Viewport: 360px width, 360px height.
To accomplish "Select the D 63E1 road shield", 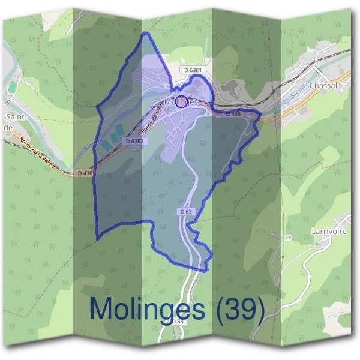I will click(x=194, y=70).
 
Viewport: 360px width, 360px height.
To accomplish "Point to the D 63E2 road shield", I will click(x=136, y=141).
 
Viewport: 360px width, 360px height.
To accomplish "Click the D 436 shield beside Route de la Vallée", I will click(x=85, y=173).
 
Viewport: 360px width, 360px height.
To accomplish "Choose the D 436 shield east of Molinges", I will click(x=232, y=113).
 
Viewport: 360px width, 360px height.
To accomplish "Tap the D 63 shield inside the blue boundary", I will click(x=186, y=212).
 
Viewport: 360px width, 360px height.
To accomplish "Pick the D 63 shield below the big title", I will click(x=176, y=322).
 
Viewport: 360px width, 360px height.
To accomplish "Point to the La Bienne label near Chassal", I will click(x=299, y=94).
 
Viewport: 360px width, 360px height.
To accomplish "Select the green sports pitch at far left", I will click(x=12, y=88).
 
